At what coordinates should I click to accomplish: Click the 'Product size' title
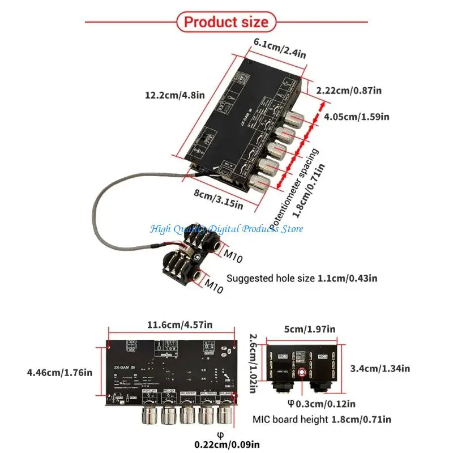click(226, 22)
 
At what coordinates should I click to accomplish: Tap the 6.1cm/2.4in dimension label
click(280, 48)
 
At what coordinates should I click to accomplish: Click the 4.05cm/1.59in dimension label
click(356, 117)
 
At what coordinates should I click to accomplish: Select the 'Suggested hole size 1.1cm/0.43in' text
click(302, 278)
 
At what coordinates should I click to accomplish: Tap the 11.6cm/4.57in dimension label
click(180, 324)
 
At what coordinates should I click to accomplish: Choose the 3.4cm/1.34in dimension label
click(380, 369)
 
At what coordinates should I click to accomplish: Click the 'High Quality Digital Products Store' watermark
click(226, 229)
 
